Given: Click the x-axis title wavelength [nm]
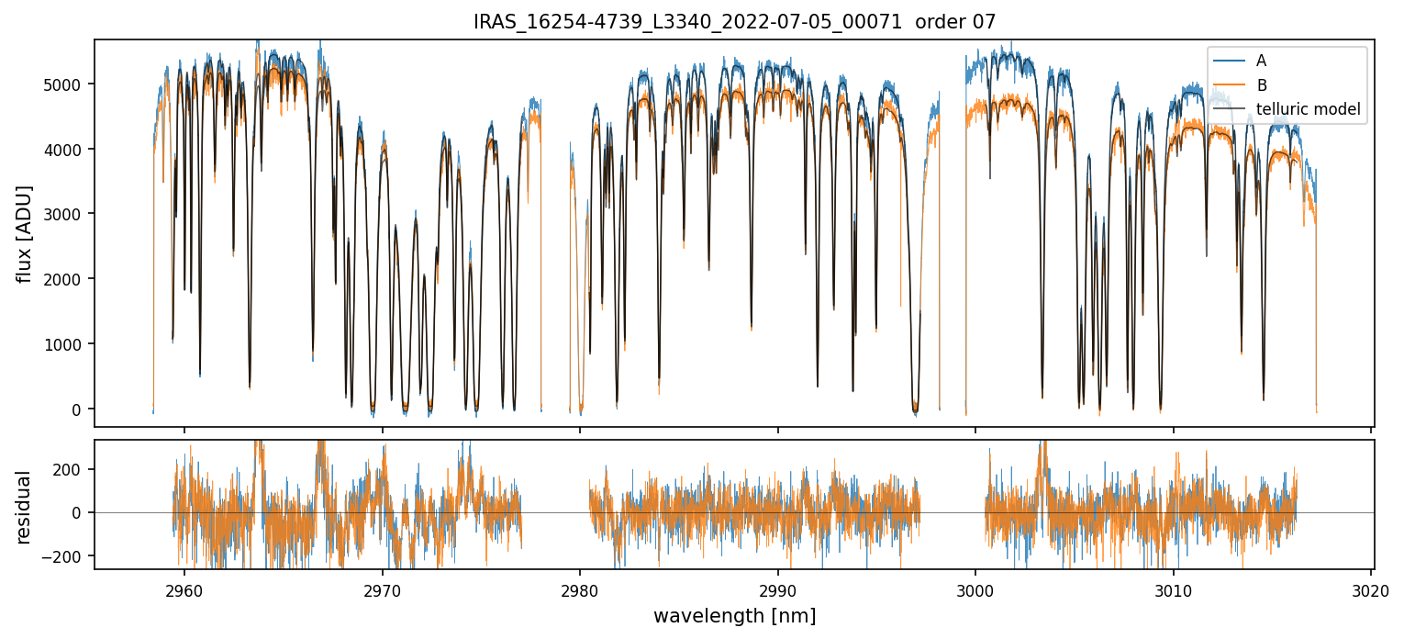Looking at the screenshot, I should (734, 615).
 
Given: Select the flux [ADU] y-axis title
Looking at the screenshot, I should (24, 233).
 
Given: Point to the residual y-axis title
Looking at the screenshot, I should (24, 507).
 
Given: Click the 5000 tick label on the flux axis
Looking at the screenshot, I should (64, 84).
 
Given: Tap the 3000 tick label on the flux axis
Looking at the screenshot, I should (64, 214).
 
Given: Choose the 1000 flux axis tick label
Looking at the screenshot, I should (64, 344).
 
